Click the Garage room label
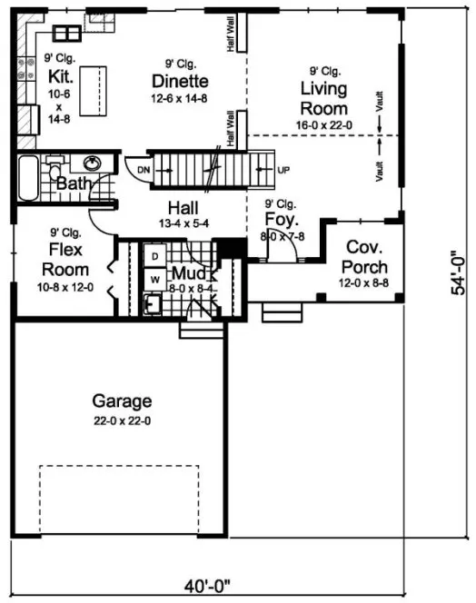[122, 400]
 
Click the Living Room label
[324, 97]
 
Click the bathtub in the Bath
[28, 179]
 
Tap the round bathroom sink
[92, 164]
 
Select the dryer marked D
[154, 258]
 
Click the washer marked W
[154, 279]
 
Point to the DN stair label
[143, 170]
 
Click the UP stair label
[283, 170]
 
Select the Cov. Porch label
[364, 257]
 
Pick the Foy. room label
[279, 219]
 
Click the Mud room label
[189, 272]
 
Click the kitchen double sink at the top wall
[65, 35]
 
